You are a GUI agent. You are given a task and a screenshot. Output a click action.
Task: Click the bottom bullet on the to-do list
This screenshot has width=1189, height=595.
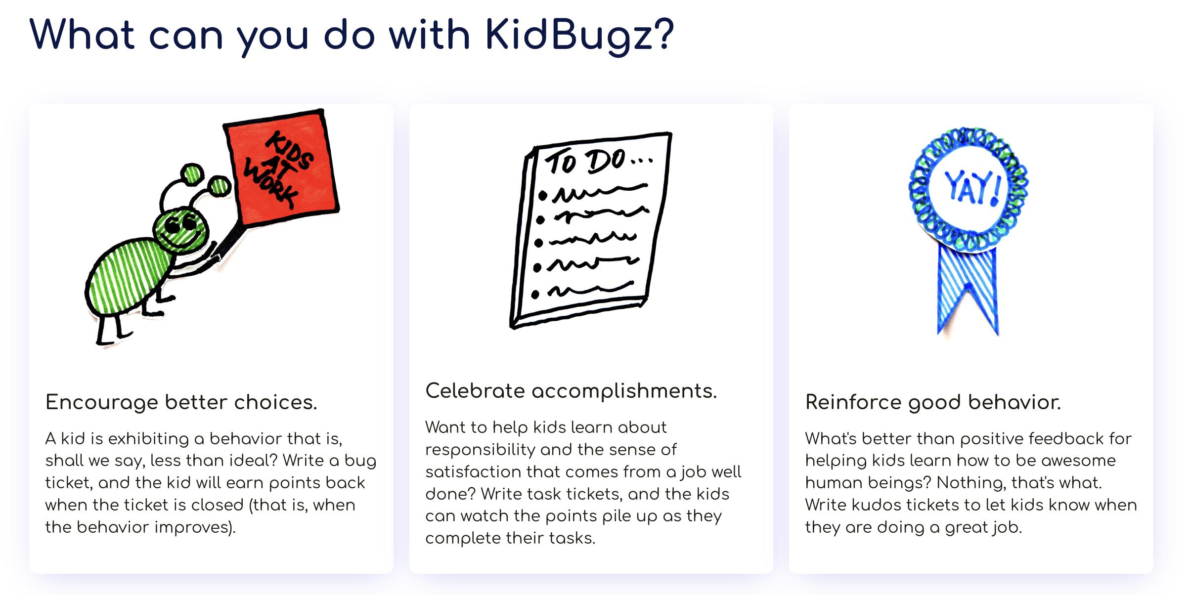535,295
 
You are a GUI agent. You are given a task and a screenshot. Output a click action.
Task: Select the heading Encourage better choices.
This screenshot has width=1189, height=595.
181,402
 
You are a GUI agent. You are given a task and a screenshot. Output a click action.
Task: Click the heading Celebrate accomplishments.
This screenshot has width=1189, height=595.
571,391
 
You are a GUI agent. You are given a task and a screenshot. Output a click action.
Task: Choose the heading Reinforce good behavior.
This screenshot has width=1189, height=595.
933,402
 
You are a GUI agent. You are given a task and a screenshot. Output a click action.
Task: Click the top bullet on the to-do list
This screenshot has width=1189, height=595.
543,196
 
